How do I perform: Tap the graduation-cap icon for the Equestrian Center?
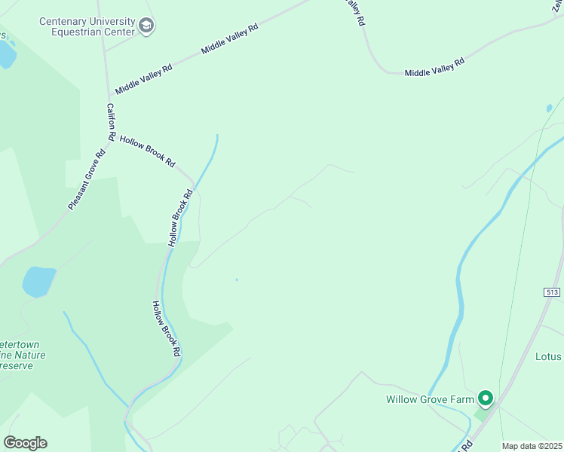146,27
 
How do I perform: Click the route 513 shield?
553,291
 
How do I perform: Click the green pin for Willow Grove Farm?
486,398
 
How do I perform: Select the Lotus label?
548,356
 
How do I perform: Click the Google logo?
25,443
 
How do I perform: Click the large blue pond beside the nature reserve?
39,282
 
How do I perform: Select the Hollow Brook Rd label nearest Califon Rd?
147,151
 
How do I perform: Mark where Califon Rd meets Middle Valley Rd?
107,95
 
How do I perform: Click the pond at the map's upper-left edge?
6,53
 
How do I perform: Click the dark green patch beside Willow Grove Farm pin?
480,414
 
